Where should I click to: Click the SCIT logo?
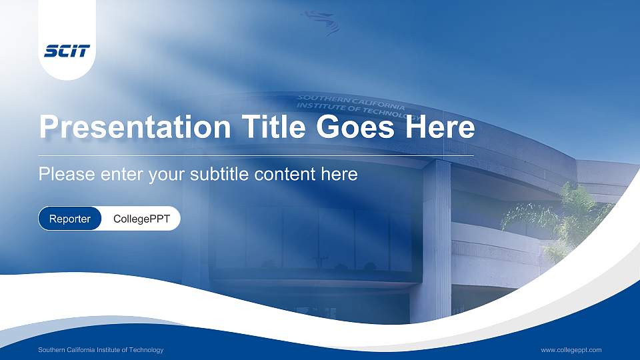coord(67,51)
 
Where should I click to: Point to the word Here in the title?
coord(438,127)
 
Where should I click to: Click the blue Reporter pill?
coord(70,219)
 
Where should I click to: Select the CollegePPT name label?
coord(141,219)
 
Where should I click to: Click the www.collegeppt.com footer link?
coord(571,350)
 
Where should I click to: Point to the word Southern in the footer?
coord(52,350)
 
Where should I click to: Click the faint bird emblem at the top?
coord(324,21)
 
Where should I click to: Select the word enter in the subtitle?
coord(123,175)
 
